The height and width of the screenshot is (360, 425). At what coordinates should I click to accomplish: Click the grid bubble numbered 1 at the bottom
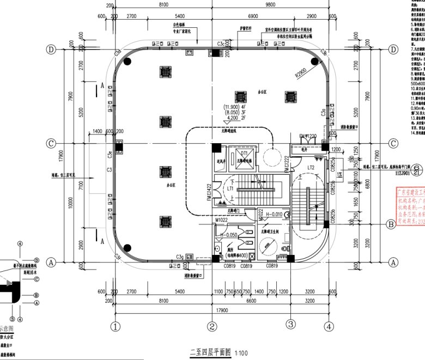[115, 327]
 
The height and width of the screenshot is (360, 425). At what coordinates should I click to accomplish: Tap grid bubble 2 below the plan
[211, 327]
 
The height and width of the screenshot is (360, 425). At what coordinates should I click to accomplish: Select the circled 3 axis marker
[290, 325]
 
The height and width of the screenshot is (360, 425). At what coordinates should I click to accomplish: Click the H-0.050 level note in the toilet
[226, 235]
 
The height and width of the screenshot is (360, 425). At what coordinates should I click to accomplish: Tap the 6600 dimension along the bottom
[251, 300]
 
